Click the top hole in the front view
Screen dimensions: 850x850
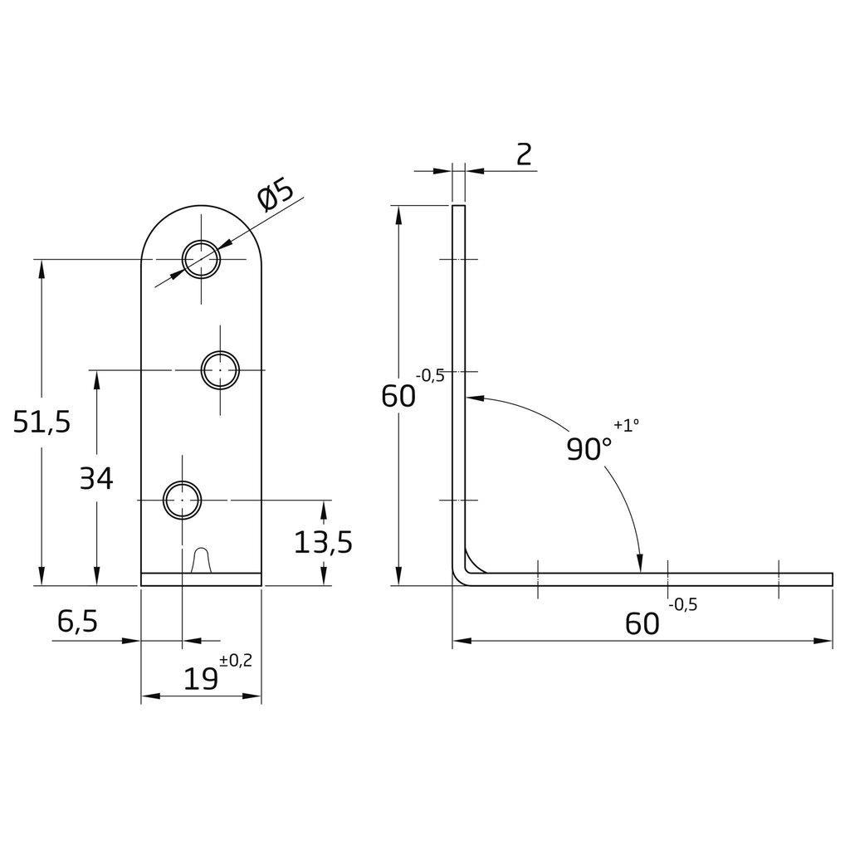(202, 260)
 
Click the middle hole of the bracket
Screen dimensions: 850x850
(222, 369)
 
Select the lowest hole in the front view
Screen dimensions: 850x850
(182, 501)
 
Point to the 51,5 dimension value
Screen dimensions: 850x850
(42, 423)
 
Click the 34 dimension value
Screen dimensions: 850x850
(96, 478)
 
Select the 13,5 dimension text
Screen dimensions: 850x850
(324, 542)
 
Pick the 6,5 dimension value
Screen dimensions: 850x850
(78, 621)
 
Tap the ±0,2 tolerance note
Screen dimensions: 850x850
(236, 661)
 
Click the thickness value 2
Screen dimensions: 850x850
(524, 154)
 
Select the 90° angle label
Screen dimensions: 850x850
(589, 449)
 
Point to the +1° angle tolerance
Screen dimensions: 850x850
(628, 425)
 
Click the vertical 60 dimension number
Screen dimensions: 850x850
(398, 397)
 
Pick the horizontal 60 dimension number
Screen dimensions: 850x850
(642, 623)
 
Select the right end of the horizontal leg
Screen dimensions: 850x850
(831, 579)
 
